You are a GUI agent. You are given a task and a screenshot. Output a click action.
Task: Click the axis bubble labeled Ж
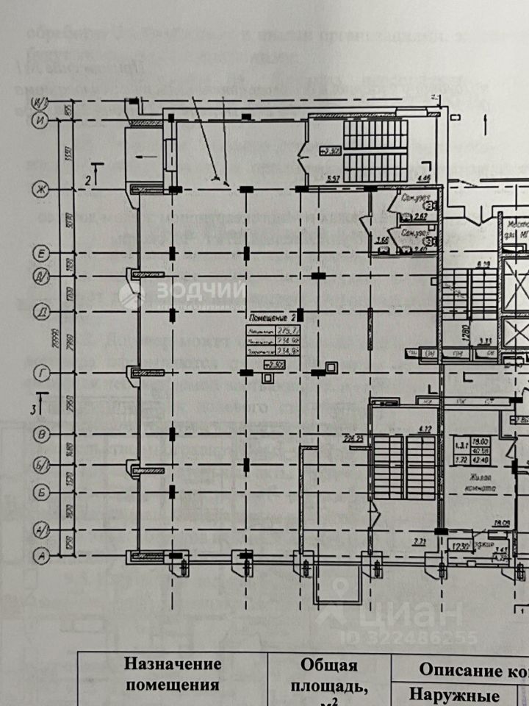coord(41,191)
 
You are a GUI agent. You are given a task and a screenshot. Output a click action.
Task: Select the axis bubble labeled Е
coord(41,254)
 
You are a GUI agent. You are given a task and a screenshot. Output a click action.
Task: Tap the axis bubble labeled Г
coord(41,374)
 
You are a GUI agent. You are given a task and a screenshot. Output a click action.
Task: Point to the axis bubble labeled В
coord(42,435)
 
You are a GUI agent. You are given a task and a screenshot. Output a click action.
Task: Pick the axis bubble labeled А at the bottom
coord(42,557)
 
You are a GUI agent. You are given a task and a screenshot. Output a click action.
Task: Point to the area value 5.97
coord(332,178)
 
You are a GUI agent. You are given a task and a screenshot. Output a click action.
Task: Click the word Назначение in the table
coord(173,664)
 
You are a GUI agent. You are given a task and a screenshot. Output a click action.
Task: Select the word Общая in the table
coord(328,665)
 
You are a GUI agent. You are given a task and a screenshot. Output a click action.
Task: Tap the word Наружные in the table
coord(454,694)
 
